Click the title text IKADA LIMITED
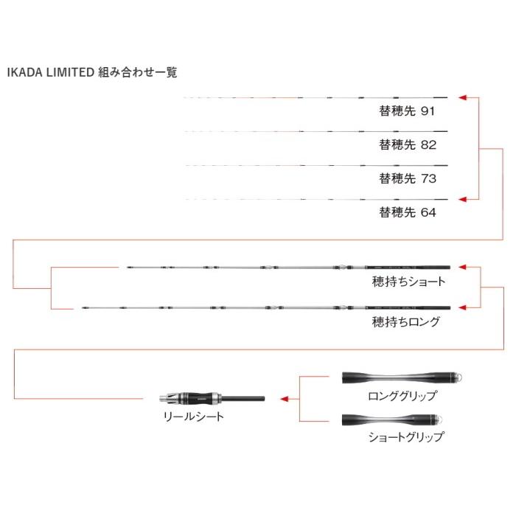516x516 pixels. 51,72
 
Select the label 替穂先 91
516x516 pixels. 407,111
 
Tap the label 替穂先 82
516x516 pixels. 408,144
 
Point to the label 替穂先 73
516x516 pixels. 408,178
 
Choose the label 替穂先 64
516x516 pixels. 408,212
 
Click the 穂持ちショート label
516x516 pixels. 408,282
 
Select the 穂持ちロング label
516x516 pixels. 405,322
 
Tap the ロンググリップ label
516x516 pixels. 402,396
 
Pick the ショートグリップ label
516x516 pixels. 406,436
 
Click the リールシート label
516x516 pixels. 194,416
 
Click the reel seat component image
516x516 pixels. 212,399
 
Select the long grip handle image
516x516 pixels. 402,377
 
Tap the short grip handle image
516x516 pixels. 392,419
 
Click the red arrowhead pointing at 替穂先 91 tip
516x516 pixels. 462,97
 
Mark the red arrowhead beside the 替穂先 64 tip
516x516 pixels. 462,200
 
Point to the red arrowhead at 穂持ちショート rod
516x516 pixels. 462,267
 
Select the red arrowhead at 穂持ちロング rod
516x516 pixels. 462,307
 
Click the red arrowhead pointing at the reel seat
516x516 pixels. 285,399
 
